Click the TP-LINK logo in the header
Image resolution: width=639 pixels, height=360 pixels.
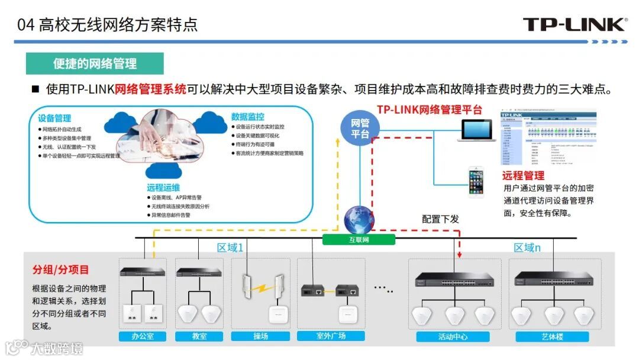573,24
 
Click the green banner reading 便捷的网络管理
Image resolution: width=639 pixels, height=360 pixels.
95,63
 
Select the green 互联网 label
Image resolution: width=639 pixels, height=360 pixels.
359,240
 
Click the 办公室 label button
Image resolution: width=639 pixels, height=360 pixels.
142,336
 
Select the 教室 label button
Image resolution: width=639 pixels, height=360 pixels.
200,336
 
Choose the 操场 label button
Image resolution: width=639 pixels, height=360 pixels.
261,336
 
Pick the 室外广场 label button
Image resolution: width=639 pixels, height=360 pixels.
331,336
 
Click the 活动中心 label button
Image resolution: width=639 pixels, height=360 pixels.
453,337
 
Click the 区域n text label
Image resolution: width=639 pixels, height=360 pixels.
527,248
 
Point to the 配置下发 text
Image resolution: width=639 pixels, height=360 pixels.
440,219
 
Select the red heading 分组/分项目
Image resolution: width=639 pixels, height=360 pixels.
60,270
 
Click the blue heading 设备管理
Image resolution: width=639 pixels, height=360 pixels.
54,118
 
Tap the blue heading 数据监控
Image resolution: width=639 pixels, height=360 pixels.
248,117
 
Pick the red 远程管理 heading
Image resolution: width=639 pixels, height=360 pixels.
523,175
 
